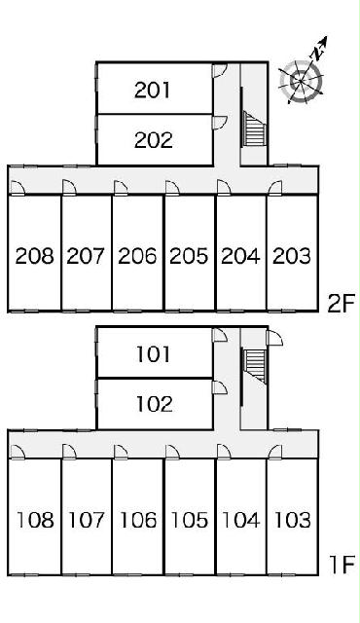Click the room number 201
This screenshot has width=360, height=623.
coord(153,90)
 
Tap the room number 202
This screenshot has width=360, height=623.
coord(154,140)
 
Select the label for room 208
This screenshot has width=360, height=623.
coord(34,256)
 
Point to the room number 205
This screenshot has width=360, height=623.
coord(189,256)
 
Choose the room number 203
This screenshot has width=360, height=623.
coord(292,256)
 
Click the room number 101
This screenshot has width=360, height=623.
coord(154,354)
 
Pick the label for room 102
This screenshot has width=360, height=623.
coord(155,404)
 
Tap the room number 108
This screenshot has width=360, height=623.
coord(35,520)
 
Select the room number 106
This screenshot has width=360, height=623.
coord(138,520)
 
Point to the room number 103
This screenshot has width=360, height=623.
coord(293,520)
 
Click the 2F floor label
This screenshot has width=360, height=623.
coord(341,304)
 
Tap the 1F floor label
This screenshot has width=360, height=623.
coord(342,565)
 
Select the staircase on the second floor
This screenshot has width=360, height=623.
coord(254,128)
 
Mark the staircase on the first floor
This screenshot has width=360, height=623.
coord(254,366)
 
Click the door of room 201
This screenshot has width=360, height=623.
coord(220,70)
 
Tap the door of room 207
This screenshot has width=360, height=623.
coord(69,187)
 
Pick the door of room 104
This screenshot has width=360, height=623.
coord(224,452)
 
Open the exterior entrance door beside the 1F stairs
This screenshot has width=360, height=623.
coord(274,338)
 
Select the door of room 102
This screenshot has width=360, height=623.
coord(220,387)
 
